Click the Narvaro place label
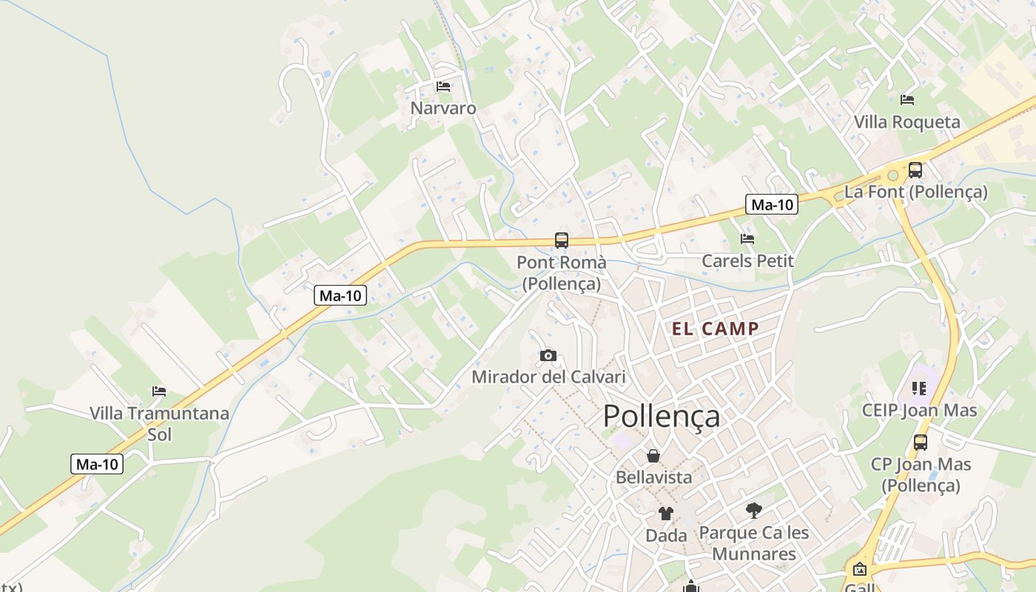443,108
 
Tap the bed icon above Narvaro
443,87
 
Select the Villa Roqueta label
907,122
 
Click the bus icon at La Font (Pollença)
915,170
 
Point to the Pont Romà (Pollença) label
561,272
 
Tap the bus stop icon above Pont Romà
562,240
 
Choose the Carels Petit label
747,260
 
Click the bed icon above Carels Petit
747,239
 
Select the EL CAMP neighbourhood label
716,329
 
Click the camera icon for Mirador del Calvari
548,355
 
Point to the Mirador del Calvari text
548,377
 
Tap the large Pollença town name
661,416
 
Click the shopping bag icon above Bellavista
653,456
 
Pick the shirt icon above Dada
666,514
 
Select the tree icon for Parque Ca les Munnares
754,510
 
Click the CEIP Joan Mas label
920,410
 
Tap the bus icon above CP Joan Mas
921,443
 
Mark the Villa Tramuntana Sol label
159,423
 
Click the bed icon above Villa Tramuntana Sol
159,391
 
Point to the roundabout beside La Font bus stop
893,175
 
